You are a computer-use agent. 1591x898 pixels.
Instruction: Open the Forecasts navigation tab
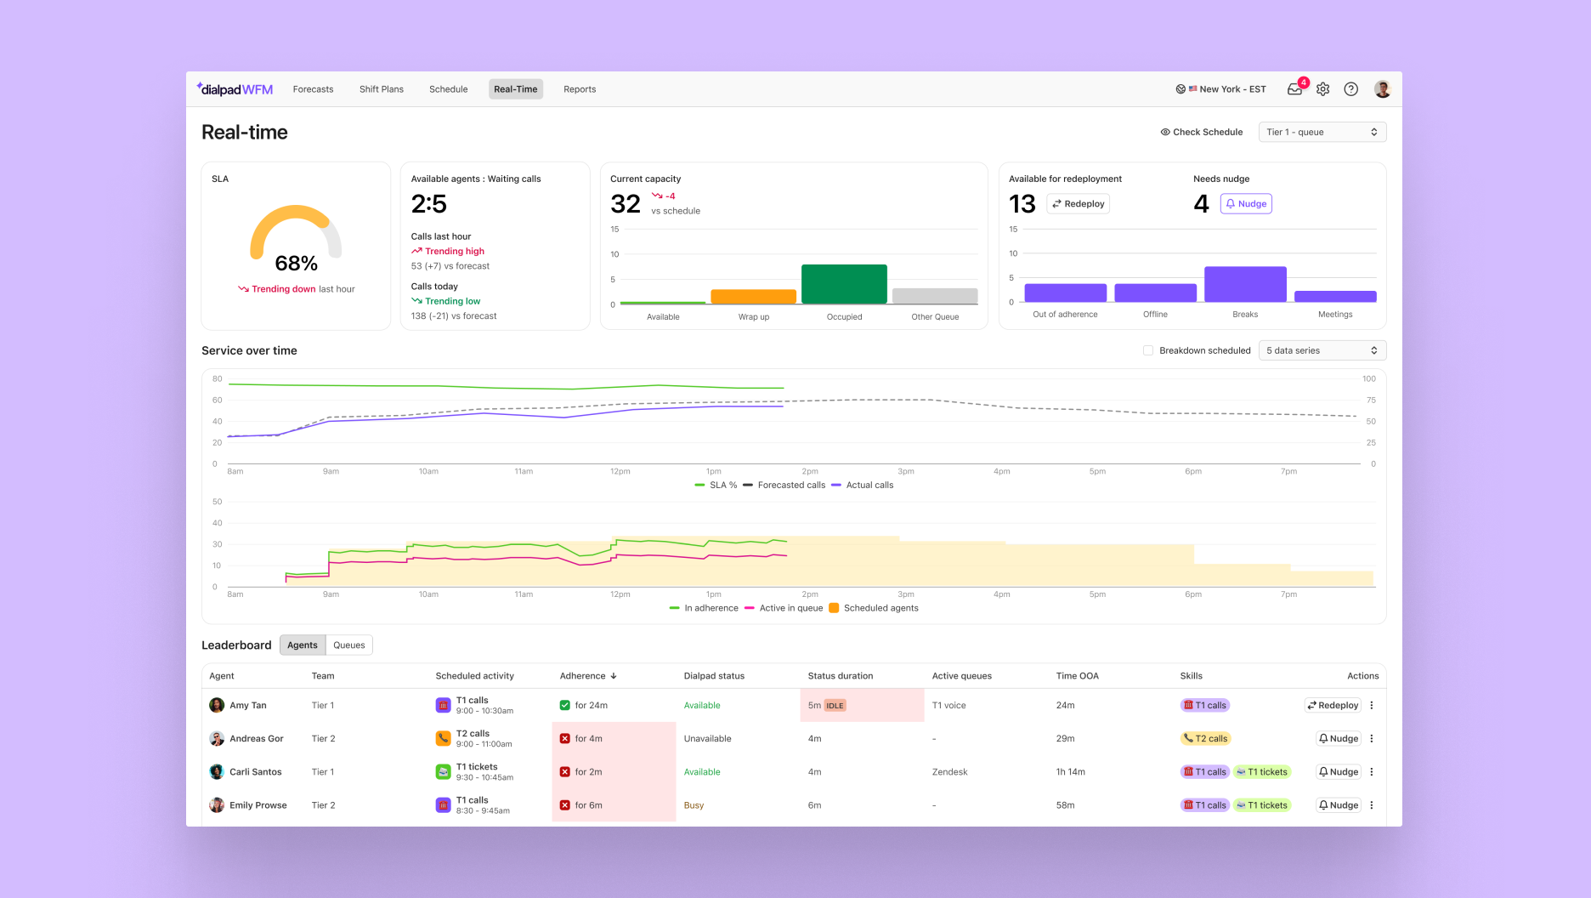[313, 89]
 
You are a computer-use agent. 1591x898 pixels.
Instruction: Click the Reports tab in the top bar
[580, 89]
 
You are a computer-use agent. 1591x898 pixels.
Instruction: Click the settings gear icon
[1322, 89]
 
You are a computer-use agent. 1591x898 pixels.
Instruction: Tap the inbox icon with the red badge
[1294, 89]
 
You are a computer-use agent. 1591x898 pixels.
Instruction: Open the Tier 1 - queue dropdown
[1322, 132]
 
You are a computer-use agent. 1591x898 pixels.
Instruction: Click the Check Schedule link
[1201, 132]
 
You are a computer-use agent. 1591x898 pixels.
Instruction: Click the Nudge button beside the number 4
[1246, 204]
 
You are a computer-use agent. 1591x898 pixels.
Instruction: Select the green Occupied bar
[844, 284]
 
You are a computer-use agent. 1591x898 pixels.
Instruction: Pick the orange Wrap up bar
[753, 297]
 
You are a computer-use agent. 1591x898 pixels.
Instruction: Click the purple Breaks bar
[1245, 284]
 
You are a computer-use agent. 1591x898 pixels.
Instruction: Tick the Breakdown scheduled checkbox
[1148, 350]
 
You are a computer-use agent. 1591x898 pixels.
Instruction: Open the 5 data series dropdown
[1322, 350]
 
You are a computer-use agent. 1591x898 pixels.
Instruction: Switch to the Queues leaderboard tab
[348, 645]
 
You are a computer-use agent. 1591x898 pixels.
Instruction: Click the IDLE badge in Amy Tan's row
[835, 706]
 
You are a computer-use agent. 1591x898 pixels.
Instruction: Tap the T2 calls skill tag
[1206, 739]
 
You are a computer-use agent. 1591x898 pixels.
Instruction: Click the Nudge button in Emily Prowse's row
[1339, 805]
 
